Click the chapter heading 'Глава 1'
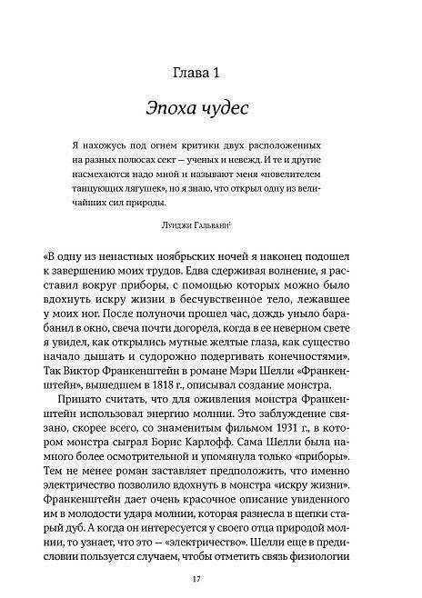(x=211, y=71)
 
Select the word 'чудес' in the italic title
(x=240, y=108)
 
